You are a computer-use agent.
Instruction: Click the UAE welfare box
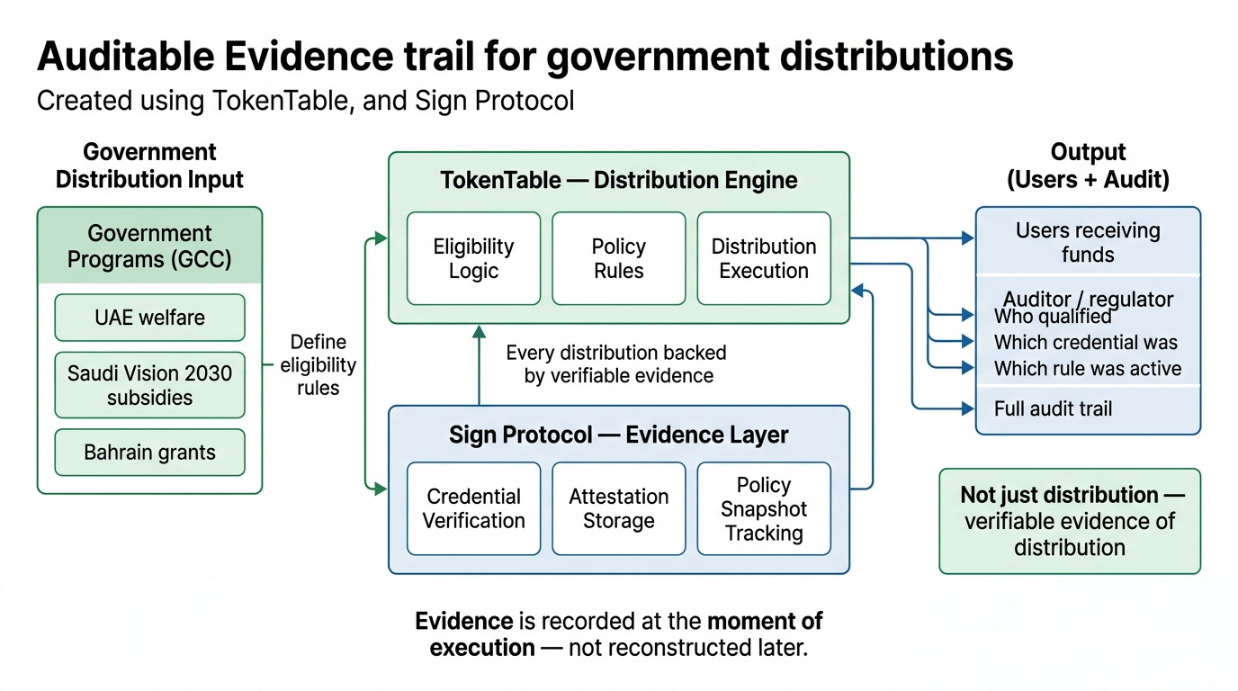[x=149, y=318]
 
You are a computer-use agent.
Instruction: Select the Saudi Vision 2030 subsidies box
[x=149, y=385]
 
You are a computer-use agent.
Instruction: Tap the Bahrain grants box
[x=149, y=453]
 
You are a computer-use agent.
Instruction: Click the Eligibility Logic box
[x=473, y=258]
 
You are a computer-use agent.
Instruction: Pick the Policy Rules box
[x=618, y=258]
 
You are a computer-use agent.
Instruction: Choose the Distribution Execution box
[x=764, y=258]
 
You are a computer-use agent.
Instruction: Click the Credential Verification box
[x=473, y=508]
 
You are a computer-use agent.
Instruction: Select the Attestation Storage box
[x=618, y=508]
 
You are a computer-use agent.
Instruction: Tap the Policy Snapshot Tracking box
[x=764, y=508]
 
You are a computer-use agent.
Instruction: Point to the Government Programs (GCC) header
[x=149, y=246]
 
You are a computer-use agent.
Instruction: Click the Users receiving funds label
[x=1088, y=242]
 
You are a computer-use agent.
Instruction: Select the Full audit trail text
[x=1053, y=408]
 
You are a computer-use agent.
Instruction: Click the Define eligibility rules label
[x=318, y=364]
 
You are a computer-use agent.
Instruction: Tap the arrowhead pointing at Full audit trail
[x=968, y=408]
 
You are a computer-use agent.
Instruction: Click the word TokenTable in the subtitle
[x=280, y=101]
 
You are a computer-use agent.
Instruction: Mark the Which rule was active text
[x=1087, y=368]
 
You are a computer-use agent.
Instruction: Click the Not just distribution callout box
[x=1070, y=521]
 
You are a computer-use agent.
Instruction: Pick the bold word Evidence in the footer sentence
[x=463, y=621]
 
